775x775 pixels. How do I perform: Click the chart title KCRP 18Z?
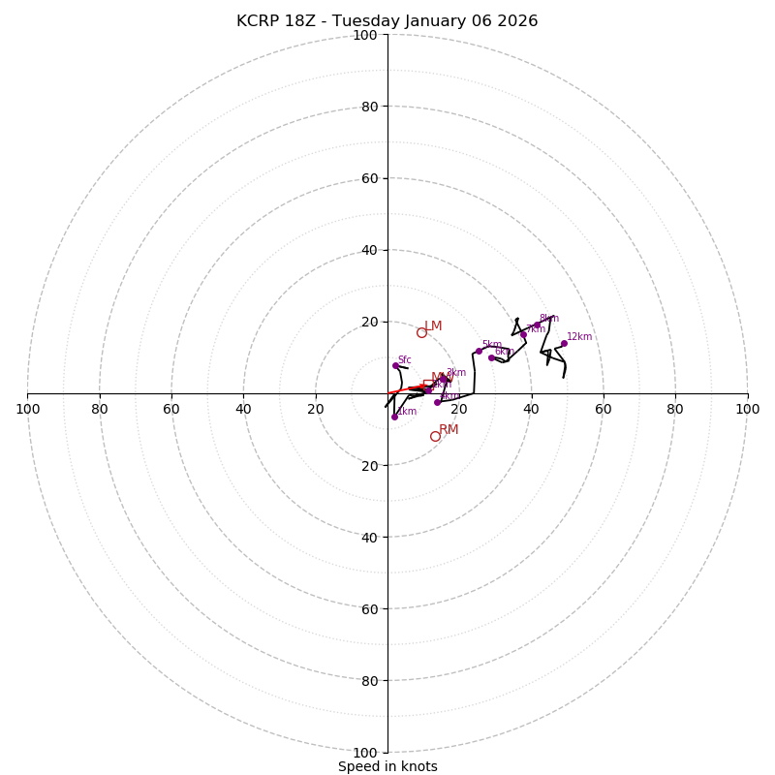[387, 21]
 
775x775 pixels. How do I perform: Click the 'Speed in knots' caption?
[387, 766]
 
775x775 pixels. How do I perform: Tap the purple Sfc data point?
[395, 365]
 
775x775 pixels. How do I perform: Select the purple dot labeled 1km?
[394, 417]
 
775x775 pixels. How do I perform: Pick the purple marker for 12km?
[564, 343]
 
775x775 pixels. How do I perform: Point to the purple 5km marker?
[479, 351]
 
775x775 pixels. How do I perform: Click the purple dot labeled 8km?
[537, 325]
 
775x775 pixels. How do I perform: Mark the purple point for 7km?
[523, 334]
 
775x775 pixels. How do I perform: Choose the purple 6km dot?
[491, 357]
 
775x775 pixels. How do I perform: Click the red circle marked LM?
[421, 332]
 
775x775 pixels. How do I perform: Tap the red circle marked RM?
[435, 436]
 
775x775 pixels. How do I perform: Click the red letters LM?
[433, 326]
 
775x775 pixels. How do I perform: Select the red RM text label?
[449, 430]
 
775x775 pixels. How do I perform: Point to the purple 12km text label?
[579, 337]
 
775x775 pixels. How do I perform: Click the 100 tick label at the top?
[364, 35]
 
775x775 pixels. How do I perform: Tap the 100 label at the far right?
[748, 409]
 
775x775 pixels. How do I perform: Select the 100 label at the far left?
[27, 409]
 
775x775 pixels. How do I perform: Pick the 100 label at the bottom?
[364, 753]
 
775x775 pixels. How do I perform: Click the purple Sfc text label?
[405, 360]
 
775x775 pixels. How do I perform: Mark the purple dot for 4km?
[437, 401]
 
